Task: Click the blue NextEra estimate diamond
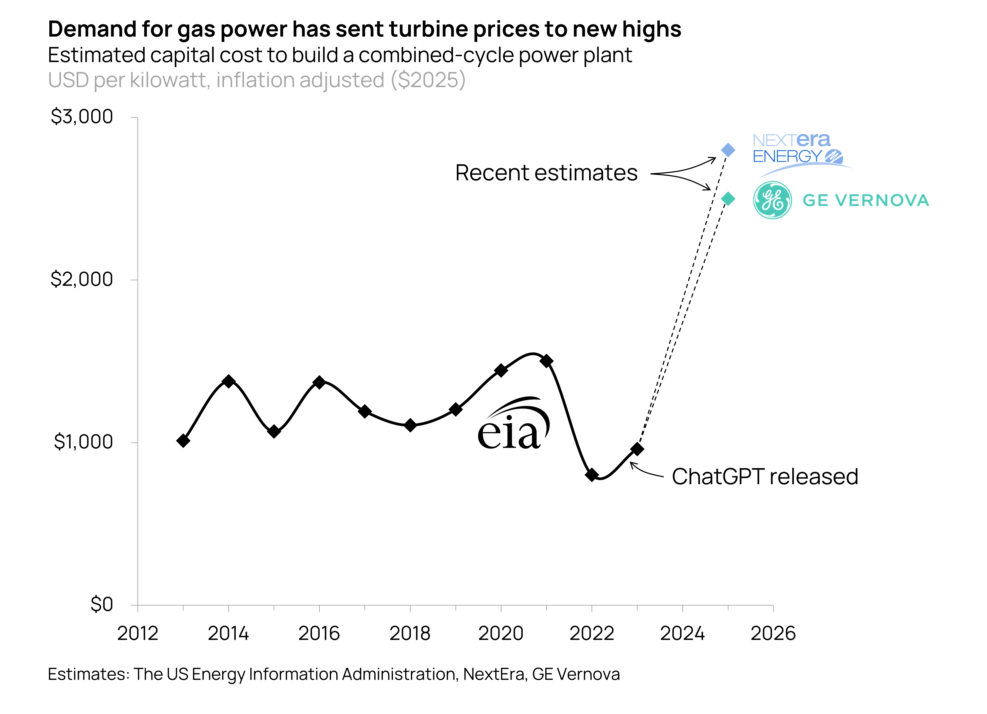click(728, 150)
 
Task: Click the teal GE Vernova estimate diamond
click(728, 199)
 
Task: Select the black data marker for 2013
click(183, 441)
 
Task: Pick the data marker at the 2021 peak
click(547, 361)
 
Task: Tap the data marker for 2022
click(592, 475)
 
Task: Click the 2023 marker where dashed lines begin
click(637, 449)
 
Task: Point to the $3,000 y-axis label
click(82, 117)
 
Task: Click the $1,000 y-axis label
click(83, 442)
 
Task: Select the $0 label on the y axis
click(102, 604)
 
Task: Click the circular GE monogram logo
click(772, 200)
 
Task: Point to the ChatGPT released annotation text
click(765, 476)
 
